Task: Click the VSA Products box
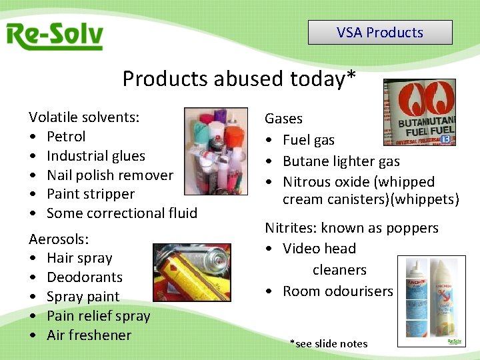click(x=380, y=33)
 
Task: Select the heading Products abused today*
click(x=239, y=79)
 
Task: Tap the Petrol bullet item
click(x=66, y=137)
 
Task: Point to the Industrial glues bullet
click(x=95, y=156)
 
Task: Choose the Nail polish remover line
click(x=109, y=175)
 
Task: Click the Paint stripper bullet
click(x=90, y=194)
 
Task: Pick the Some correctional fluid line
click(x=121, y=213)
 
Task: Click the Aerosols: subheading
click(x=59, y=239)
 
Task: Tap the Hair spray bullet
click(x=79, y=258)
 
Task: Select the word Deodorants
click(x=85, y=277)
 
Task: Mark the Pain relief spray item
click(x=98, y=316)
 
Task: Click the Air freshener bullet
click(x=89, y=335)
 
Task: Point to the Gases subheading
click(x=283, y=119)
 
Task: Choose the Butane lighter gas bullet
click(x=341, y=161)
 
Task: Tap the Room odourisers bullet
click(x=337, y=291)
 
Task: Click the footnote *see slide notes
click(x=329, y=344)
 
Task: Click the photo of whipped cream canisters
click(x=431, y=301)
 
